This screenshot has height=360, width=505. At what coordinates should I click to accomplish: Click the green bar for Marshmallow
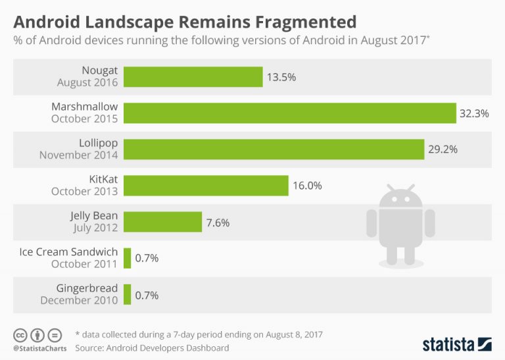[289, 113]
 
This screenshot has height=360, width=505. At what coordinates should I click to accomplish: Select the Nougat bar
[193, 77]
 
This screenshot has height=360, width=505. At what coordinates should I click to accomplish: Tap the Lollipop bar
[274, 149]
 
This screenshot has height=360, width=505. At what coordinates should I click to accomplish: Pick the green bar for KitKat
[206, 185]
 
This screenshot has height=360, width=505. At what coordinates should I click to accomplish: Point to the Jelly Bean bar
[162, 222]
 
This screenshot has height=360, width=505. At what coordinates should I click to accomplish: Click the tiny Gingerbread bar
[127, 294]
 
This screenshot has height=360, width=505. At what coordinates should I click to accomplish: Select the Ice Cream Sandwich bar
[127, 258]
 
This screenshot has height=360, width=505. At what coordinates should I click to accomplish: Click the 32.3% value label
[474, 113]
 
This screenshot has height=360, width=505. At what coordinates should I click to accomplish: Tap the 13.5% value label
[281, 77]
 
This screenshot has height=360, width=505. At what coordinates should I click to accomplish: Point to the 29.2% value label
[442, 149]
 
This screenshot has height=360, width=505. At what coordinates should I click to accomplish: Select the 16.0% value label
[306, 186]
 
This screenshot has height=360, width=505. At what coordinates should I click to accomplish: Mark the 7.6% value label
[218, 222]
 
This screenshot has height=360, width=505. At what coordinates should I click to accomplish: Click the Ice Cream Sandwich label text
[68, 251]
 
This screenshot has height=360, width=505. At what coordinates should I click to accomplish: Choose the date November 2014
[78, 155]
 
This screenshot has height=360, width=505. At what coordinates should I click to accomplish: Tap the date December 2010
[79, 300]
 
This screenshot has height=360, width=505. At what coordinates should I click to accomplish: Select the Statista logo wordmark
[449, 344]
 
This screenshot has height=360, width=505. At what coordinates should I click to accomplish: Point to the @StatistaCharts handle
[37, 347]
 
